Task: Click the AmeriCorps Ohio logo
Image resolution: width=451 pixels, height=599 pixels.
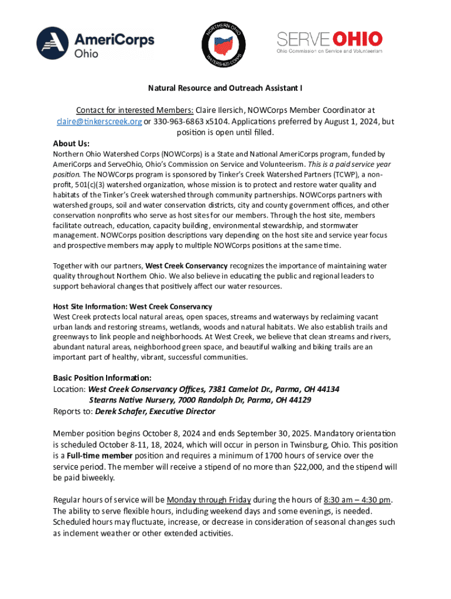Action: (95, 42)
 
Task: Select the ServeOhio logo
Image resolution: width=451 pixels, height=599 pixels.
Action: (329, 43)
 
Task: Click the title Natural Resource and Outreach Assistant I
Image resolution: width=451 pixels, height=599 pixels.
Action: (225, 89)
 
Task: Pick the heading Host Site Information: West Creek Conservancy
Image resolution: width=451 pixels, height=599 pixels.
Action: (132, 307)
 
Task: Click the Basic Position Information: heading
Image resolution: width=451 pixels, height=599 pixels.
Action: (102, 377)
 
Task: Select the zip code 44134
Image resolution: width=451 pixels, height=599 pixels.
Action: (328, 389)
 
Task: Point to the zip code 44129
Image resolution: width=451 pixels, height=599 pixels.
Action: (299, 400)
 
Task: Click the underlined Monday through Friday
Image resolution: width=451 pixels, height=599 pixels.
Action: (209, 500)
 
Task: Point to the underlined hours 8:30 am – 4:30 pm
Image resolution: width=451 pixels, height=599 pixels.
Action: (357, 500)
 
